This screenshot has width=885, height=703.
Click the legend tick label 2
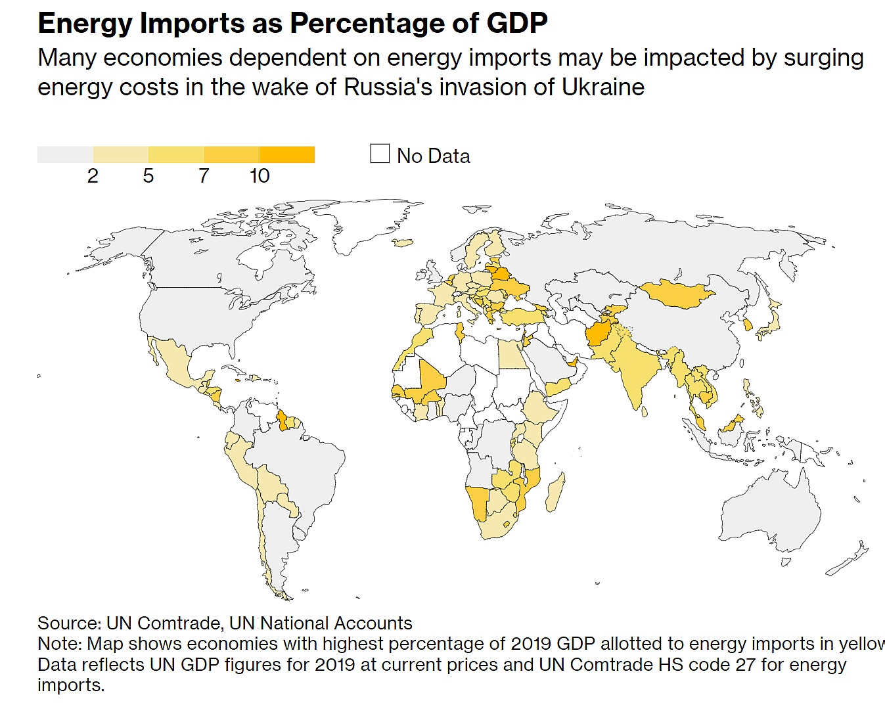click(x=93, y=176)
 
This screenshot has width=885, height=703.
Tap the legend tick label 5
click(x=148, y=176)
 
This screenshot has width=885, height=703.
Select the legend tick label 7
click(x=204, y=176)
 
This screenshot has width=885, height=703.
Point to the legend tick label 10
click(x=260, y=176)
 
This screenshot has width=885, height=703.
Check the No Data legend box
click(x=380, y=154)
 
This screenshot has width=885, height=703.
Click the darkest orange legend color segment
click(x=287, y=154)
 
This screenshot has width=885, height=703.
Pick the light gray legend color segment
click(x=65, y=154)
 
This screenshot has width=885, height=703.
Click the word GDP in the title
click(x=517, y=23)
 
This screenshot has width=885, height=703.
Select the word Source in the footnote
click(x=68, y=623)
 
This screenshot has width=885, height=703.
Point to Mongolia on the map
click(x=677, y=293)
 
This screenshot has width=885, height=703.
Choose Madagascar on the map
click(x=556, y=491)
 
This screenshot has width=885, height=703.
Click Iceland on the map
click(x=403, y=243)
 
